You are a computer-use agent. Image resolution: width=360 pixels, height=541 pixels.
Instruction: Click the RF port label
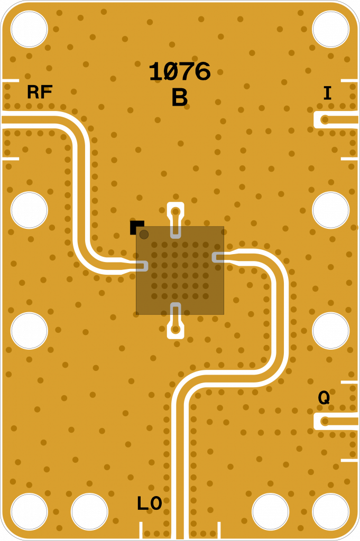pos(40,92)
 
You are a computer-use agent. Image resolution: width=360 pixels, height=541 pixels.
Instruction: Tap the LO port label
pos(150,503)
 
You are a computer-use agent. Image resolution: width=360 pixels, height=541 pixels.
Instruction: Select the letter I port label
pos(327,93)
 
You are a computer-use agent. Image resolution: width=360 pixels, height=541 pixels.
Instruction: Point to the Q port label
pos(324,397)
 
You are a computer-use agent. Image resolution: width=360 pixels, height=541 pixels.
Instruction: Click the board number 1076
pos(180,71)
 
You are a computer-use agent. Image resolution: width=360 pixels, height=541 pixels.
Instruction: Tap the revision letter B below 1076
pos(180,97)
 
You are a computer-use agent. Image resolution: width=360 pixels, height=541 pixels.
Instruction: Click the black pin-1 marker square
pos(137,227)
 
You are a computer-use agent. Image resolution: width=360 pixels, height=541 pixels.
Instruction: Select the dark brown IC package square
pos(180,270)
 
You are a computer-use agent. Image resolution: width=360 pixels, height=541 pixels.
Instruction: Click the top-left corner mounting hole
pos(29,29)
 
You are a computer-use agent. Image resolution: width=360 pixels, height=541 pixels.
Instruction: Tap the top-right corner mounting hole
pos(331,29)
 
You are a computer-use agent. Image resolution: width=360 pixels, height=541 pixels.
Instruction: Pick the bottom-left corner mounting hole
pos(29,511)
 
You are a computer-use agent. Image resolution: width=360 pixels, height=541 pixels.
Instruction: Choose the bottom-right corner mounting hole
pos(331,511)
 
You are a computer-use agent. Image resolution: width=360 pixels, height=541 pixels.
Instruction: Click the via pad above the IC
pos(176,211)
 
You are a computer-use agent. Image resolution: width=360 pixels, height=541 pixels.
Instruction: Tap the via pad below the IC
pos(176,330)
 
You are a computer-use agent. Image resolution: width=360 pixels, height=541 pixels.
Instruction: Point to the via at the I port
pos(325,120)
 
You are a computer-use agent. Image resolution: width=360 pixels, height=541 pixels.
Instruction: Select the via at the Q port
pos(325,421)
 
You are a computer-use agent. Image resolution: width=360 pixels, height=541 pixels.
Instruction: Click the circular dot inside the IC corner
pos(144,235)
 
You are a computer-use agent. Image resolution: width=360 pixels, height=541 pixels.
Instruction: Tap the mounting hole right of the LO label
pos(270,511)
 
